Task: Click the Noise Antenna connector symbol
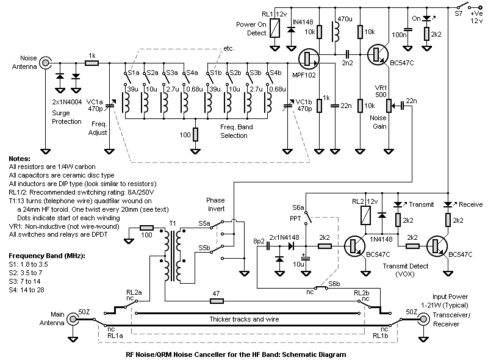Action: coord(46,62)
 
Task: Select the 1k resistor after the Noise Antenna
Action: coord(91,62)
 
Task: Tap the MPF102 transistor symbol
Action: coord(308,58)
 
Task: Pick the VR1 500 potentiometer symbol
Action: coord(389,107)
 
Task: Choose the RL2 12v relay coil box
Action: coord(365,215)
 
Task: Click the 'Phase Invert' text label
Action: coord(215,204)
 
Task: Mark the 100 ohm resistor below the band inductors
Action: coord(195,134)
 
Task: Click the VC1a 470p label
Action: coord(96,104)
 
